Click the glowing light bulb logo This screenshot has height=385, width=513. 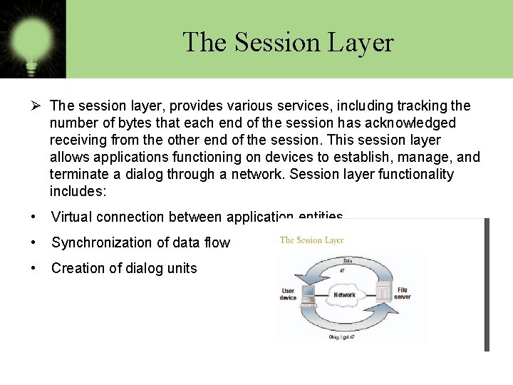(32, 36)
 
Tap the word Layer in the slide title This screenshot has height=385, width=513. (361, 42)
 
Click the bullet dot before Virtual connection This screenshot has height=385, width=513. (34, 217)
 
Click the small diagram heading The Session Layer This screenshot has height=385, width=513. (311, 240)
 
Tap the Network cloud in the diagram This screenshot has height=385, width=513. (345, 294)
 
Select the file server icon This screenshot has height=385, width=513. (383, 292)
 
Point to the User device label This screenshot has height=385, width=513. (289, 294)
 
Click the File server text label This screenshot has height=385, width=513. (403, 293)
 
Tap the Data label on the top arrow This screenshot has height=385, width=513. (347, 260)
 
